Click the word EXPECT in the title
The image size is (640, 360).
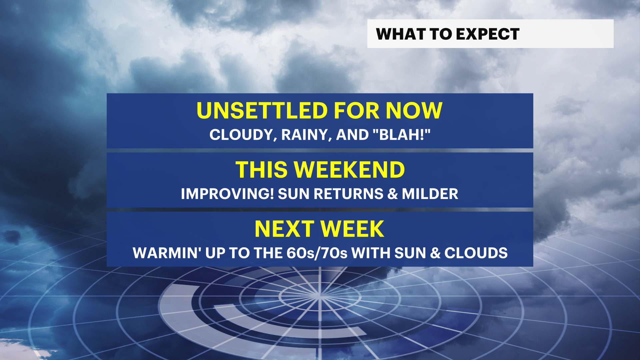click(488, 34)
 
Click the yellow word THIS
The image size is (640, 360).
click(262, 170)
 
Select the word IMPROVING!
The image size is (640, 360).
click(227, 194)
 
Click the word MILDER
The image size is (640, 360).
click(430, 194)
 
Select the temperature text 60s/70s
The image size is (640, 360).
click(317, 253)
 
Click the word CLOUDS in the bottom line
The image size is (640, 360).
click(476, 253)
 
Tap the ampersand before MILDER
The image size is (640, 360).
click(393, 194)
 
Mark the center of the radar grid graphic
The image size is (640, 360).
click(319, 296)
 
